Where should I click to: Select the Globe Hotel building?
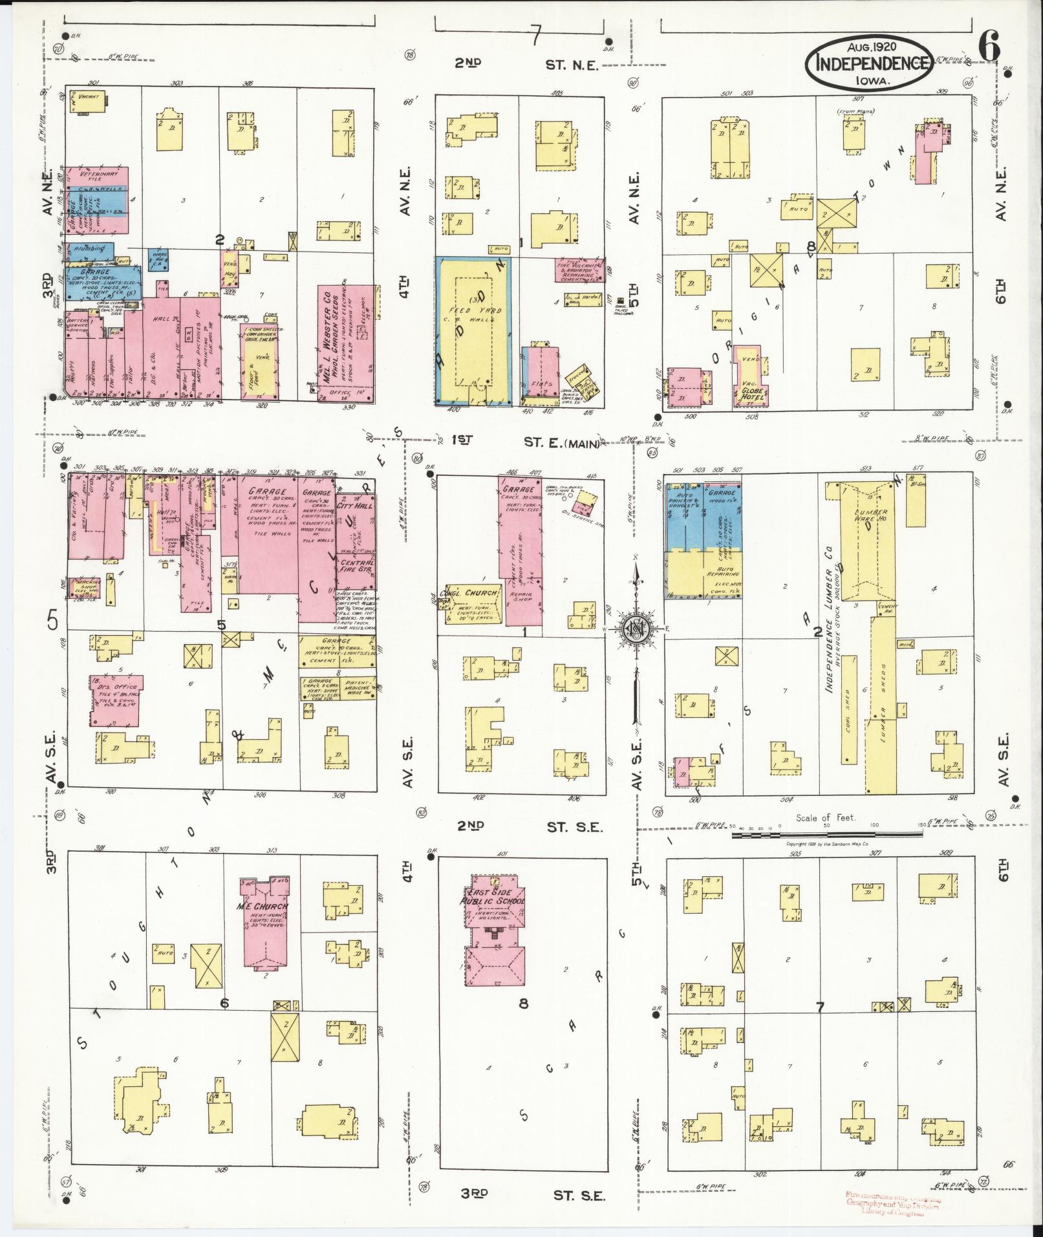[751, 382]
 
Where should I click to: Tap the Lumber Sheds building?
[883, 711]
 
